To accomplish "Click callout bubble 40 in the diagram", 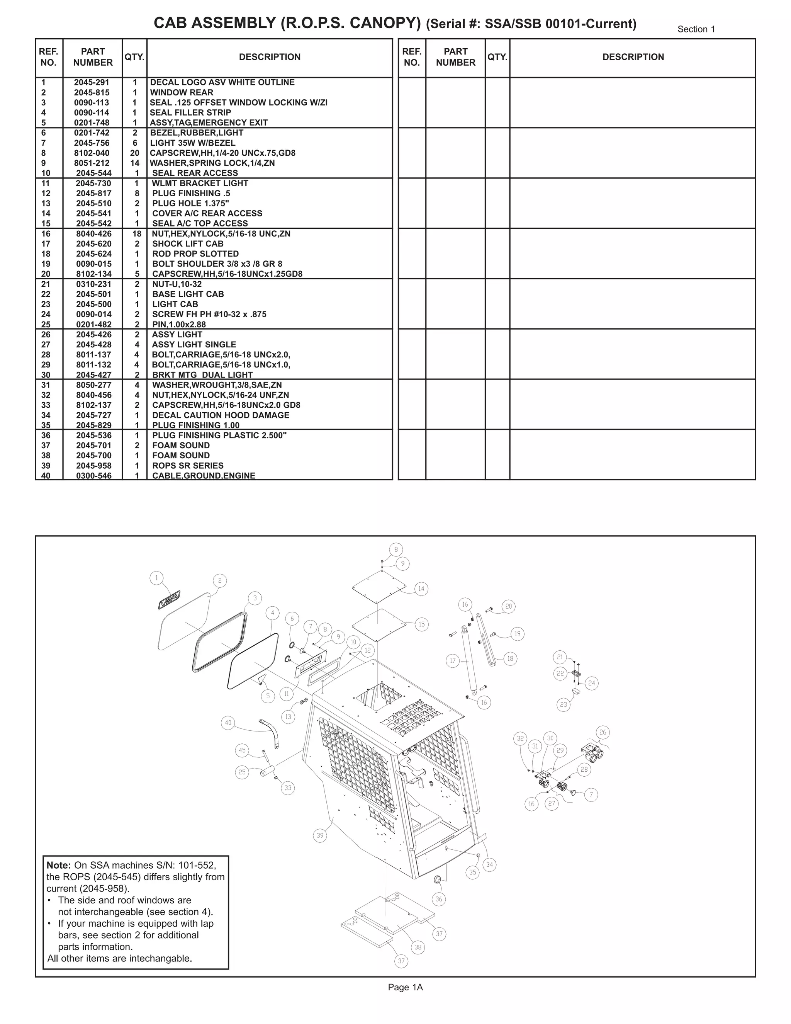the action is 228,723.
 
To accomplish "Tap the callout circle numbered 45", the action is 242,750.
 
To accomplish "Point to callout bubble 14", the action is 421,589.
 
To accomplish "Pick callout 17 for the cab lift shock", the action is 453,661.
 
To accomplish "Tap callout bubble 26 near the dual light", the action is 603,732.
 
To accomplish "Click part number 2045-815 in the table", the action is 92,92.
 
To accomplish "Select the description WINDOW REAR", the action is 182,92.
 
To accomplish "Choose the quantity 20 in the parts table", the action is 134,153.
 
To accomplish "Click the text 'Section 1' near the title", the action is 696,29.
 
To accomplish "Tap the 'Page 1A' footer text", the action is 405,987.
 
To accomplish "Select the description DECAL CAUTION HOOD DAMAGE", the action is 220,415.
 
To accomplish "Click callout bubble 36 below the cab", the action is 439,899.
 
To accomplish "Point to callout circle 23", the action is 563,704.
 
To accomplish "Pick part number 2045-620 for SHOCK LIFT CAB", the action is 94,244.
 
